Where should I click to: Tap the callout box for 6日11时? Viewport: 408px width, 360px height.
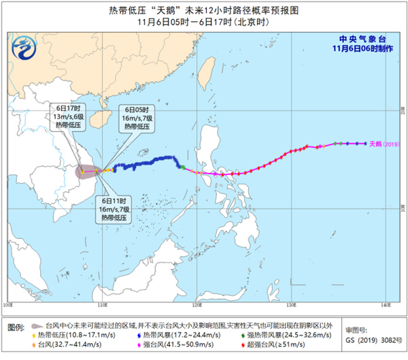point(116,209)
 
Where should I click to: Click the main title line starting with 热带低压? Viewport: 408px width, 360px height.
point(203,10)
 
